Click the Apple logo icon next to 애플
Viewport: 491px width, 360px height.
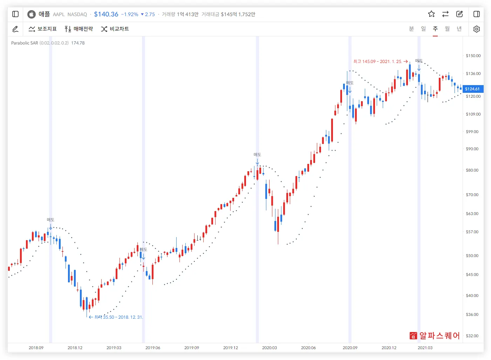point(32,14)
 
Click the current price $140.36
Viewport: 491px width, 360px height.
point(106,14)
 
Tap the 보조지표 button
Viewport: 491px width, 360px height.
point(43,29)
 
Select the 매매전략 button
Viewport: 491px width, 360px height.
point(79,29)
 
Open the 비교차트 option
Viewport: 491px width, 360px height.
point(115,29)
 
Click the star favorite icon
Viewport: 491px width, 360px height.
point(431,14)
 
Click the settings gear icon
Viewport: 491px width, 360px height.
point(476,29)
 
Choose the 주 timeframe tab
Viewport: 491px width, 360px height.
point(435,29)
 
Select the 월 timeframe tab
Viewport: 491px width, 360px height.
point(447,29)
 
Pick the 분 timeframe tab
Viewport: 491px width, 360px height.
point(411,29)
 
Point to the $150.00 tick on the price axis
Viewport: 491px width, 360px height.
point(473,56)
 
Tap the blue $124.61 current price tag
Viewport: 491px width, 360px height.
point(472,89)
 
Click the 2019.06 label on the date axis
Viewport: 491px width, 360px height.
point(153,348)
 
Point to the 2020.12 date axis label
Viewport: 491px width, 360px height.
point(389,348)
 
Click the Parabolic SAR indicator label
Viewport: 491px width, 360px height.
point(25,43)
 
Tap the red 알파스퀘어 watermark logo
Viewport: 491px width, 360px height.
point(435,335)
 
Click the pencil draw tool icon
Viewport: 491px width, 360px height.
point(15,29)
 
